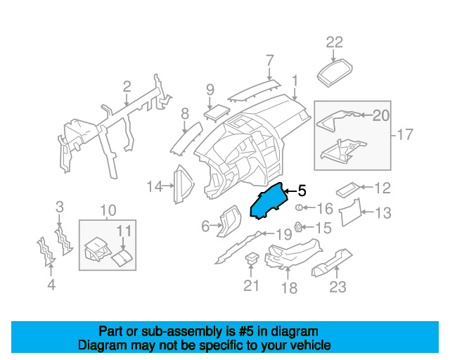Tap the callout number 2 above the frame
[127, 86]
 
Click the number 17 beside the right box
[406, 134]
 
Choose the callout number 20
[380, 115]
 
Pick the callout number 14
[154, 186]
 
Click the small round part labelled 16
[300, 208]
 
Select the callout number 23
[338, 286]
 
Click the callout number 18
[289, 288]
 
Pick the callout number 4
[51, 285]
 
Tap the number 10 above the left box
[108, 210]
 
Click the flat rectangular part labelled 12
[349, 189]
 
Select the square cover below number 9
[213, 113]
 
